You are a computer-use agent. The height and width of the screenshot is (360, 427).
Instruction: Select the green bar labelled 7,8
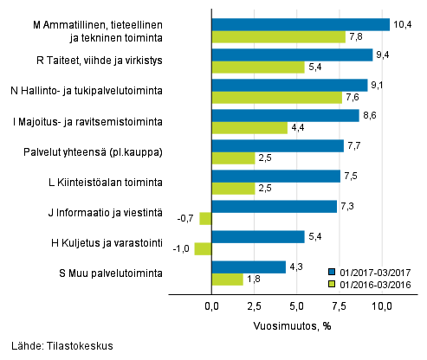click(x=278, y=36)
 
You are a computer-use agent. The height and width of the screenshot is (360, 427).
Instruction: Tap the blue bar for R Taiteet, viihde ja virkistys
click(x=292, y=55)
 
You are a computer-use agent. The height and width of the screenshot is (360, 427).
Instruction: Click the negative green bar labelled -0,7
click(x=205, y=218)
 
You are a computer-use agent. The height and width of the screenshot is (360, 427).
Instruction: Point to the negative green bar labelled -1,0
click(x=203, y=248)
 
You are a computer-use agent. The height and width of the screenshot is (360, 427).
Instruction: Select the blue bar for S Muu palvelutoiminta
click(x=249, y=267)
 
